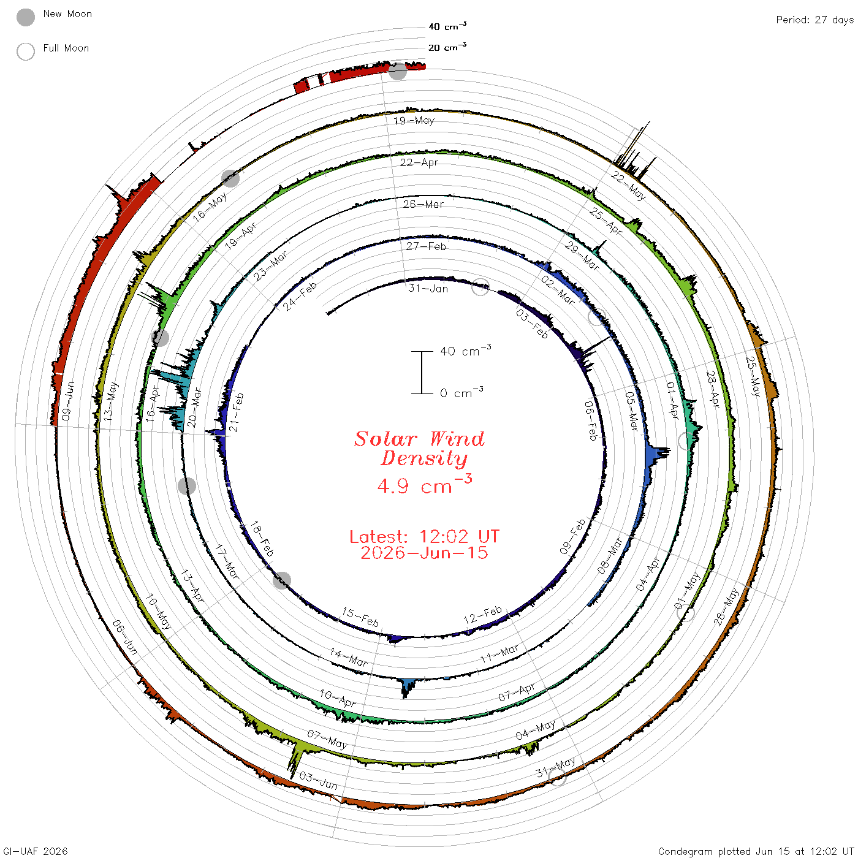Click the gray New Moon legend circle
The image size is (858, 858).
(x=25, y=17)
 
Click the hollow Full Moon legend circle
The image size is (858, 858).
(x=25, y=51)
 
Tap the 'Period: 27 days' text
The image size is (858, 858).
(x=814, y=20)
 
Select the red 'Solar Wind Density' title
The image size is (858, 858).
(x=419, y=449)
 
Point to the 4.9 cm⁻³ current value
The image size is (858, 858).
(x=424, y=484)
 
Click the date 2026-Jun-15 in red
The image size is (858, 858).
(x=424, y=553)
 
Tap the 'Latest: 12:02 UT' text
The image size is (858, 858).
(x=424, y=536)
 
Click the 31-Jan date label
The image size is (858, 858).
(x=428, y=289)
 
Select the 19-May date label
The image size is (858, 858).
(x=414, y=120)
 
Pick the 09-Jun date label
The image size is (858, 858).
(x=67, y=401)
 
